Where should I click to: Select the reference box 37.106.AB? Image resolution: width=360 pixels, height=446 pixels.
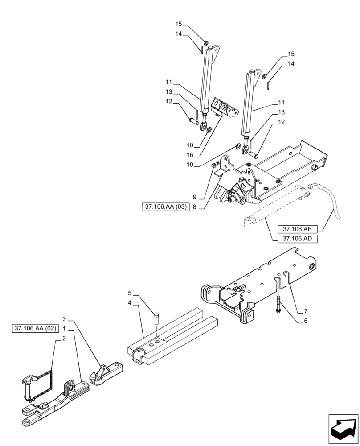click(x=297, y=229)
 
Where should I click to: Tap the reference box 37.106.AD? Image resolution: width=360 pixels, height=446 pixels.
click(x=297, y=239)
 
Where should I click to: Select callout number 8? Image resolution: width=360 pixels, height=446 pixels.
click(x=195, y=206)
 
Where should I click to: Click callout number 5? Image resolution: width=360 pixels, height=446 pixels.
click(x=130, y=293)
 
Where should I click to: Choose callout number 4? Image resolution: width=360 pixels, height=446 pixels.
click(x=130, y=303)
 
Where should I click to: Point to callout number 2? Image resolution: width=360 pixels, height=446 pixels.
click(x=64, y=338)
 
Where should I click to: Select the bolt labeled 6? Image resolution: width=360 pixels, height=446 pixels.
click(x=278, y=307)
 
